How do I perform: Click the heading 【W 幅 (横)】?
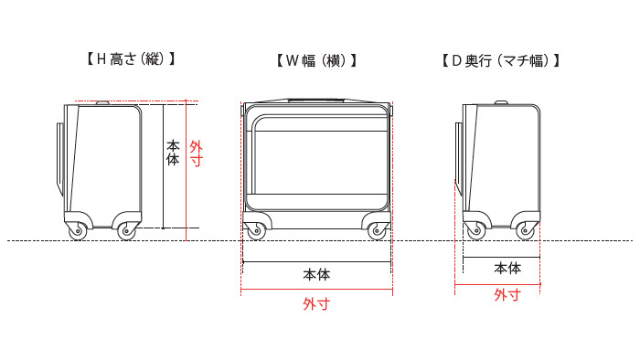pyautogui.click(x=316, y=62)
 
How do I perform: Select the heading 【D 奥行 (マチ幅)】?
pyautogui.click(x=499, y=62)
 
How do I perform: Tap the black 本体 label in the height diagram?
pyautogui.click(x=173, y=152)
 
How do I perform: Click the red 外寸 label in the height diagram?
pyautogui.click(x=196, y=152)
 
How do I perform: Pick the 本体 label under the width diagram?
pyautogui.click(x=316, y=274)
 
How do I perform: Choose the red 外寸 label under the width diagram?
pyautogui.click(x=316, y=304)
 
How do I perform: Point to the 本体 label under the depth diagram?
pyautogui.click(x=507, y=269)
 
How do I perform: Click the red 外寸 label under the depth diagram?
pyautogui.click(x=507, y=295)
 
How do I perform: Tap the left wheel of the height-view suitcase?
pyautogui.click(x=76, y=233)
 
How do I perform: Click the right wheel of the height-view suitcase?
pyautogui.click(x=125, y=233)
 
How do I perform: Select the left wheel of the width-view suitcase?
pyautogui.click(x=254, y=233)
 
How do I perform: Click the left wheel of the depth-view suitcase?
pyautogui.click(x=475, y=233)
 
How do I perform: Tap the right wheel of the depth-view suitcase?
pyautogui.click(x=526, y=233)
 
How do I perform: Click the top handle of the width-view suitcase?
pyautogui.click(x=316, y=95)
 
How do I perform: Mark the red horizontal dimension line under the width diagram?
pyautogui.click(x=316, y=291)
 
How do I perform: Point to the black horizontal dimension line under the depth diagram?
pyautogui.click(x=500, y=257)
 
